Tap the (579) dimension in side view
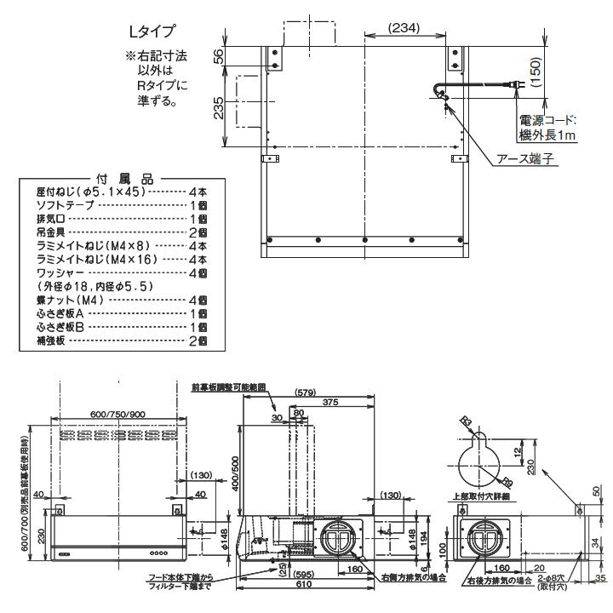(x=305, y=392)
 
